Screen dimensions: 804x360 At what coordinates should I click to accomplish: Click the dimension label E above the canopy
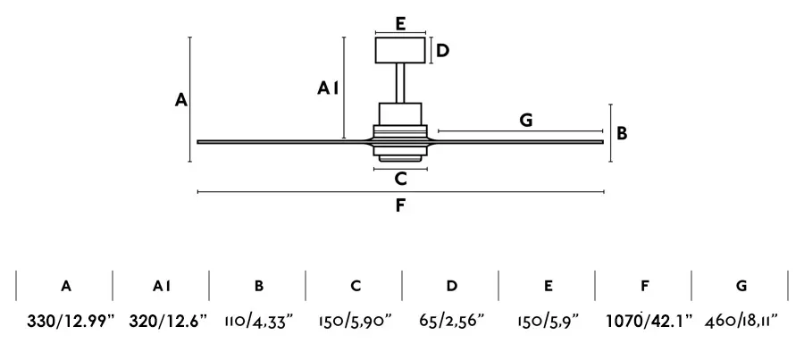click(x=401, y=23)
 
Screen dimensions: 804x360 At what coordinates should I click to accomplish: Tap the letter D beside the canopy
click(x=442, y=51)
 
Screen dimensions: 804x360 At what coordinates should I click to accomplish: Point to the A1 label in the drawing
click(x=327, y=88)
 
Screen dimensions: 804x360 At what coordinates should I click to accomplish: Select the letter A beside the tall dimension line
click(x=180, y=99)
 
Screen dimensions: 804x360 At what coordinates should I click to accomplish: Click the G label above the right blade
click(x=526, y=120)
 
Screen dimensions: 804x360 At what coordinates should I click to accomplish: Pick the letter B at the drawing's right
click(x=622, y=133)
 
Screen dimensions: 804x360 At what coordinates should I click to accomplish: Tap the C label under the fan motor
click(x=401, y=179)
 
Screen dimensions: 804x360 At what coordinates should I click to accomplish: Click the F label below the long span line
click(x=400, y=205)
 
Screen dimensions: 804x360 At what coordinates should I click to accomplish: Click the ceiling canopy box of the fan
click(x=400, y=50)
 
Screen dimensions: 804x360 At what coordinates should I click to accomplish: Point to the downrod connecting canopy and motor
click(x=400, y=82)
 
